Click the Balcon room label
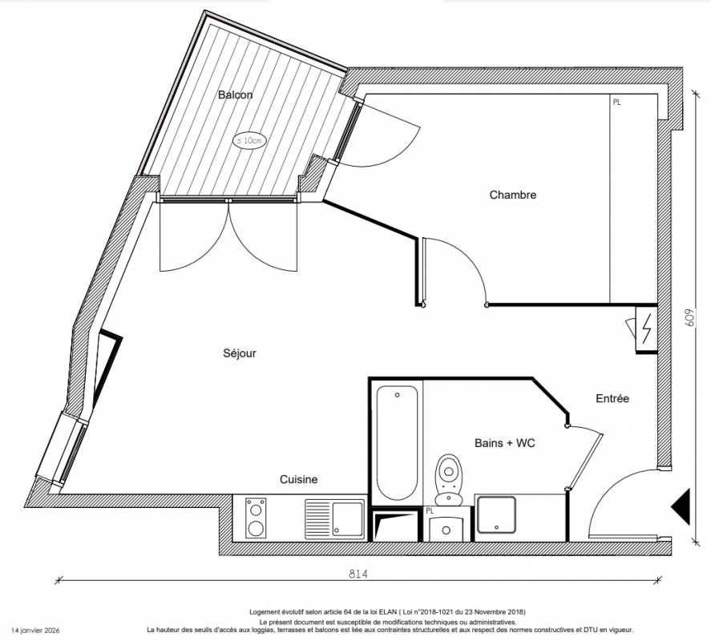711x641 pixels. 235,95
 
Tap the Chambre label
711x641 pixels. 513,195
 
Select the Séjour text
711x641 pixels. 240,353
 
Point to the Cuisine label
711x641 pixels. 298,479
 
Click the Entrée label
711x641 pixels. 612,398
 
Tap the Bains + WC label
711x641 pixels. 505,443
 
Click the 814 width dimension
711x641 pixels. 358,574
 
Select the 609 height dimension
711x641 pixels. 689,318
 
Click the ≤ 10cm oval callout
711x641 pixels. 249,140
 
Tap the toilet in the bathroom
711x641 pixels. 448,480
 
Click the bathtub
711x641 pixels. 398,443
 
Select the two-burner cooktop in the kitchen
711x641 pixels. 256,518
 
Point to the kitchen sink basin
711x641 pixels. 348,518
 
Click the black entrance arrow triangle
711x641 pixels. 681,507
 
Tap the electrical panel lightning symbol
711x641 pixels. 647,329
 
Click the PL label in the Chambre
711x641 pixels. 616,103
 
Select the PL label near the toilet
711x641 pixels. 430,511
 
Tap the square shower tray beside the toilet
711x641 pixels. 496,515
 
